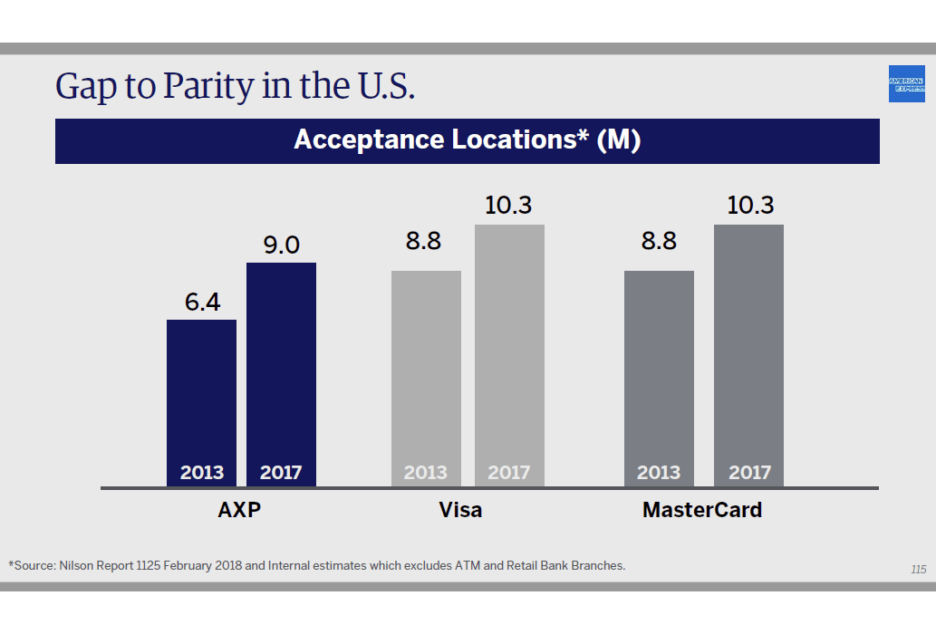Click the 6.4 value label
(x=203, y=303)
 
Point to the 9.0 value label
(x=281, y=245)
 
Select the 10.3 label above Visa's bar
(x=508, y=206)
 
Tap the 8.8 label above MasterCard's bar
(x=659, y=242)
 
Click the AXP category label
(x=240, y=510)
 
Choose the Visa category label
(x=460, y=510)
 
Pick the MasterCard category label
(x=702, y=510)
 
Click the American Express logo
(x=906, y=84)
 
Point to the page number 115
(x=918, y=570)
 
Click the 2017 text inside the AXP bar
(x=281, y=472)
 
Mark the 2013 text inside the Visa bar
(x=426, y=472)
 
